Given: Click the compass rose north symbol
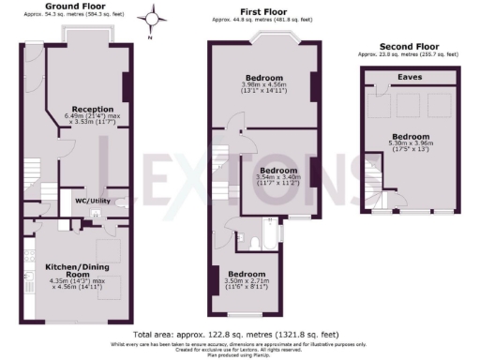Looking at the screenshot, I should (153, 17).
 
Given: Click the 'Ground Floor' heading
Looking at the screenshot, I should (68, 6).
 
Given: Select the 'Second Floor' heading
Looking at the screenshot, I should (408, 46).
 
